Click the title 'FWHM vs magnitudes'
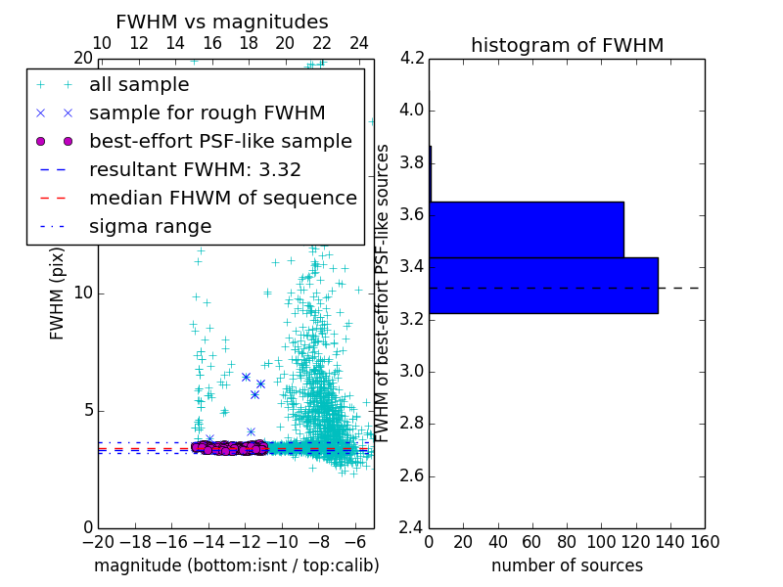(221, 23)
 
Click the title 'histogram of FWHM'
(567, 45)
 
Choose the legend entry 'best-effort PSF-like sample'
(220, 142)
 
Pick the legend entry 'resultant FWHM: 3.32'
(195, 170)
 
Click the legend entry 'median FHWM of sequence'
(222, 199)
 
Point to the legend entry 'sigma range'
(150, 227)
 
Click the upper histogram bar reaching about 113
(527, 230)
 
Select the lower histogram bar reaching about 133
(543, 286)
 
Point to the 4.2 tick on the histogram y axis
(412, 58)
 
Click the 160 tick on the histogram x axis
(705, 542)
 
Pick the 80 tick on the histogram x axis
(567, 542)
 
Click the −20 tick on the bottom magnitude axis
(98, 542)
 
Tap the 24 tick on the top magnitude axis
(359, 43)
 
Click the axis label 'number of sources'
(567, 565)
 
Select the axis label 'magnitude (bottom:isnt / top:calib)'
(236, 565)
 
